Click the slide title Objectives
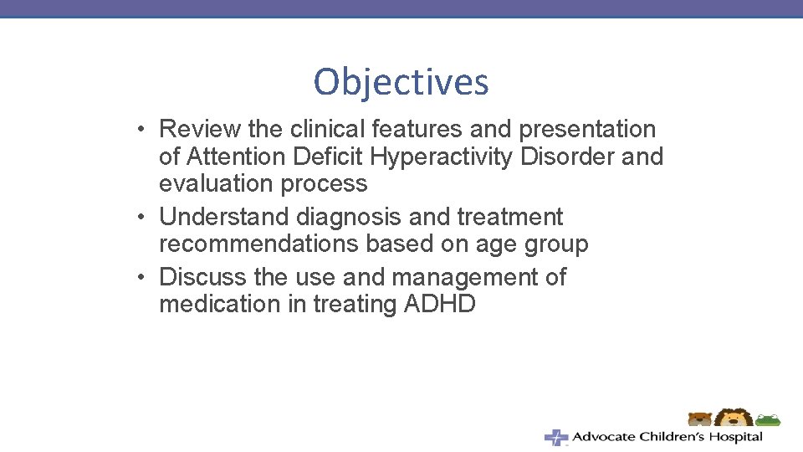click(x=401, y=82)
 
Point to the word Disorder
click(x=568, y=157)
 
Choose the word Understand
click(x=224, y=218)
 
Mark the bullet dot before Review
click(x=146, y=131)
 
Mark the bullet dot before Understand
click(x=146, y=218)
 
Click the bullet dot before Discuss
click(x=146, y=278)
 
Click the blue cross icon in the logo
click(x=555, y=437)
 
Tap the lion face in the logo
click(x=734, y=419)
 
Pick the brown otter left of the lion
click(x=699, y=419)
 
